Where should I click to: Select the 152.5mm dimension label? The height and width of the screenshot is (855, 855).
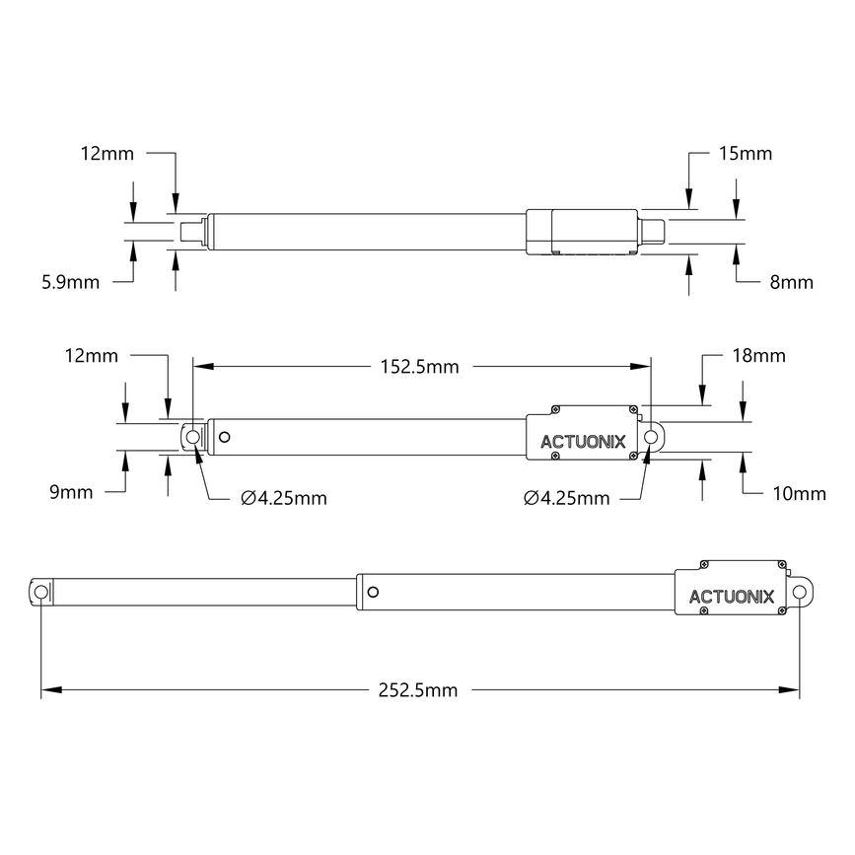[x=419, y=367]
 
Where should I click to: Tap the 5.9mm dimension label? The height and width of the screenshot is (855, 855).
[x=70, y=282]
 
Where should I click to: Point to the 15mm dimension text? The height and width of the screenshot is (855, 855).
[x=745, y=154]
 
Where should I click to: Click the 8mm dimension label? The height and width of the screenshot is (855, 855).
[x=791, y=282]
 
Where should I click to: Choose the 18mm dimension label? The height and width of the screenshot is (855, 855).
[x=758, y=355]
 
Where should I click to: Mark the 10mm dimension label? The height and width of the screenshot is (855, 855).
[x=800, y=493]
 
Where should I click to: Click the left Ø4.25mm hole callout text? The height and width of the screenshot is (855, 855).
[x=284, y=498]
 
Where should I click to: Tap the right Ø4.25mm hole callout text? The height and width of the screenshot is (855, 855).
[x=566, y=498]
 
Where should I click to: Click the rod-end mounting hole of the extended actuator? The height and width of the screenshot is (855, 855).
[x=41, y=591]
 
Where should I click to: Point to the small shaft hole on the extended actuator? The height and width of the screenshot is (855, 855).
[x=372, y=592]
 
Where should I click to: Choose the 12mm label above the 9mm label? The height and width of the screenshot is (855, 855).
[x=90, y=355]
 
